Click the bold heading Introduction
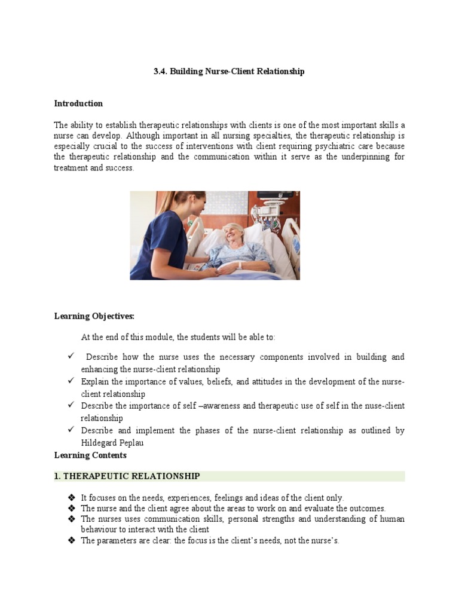78,103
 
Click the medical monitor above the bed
276,195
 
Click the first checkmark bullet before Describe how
71,357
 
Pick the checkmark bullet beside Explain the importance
71,381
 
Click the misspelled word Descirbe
97,406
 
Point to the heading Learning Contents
90,455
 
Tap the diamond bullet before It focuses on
71,498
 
